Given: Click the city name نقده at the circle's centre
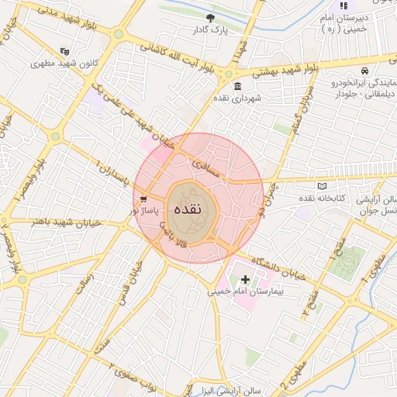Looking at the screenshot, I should pos(188,209).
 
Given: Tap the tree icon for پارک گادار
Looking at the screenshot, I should pos(211,17).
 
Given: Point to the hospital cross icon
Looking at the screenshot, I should pos(246,279).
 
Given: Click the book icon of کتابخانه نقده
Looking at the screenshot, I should pos(323,186).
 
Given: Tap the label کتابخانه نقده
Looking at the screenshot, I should pos(319,198).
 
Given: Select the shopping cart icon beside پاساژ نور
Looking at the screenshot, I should pos(144,199).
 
